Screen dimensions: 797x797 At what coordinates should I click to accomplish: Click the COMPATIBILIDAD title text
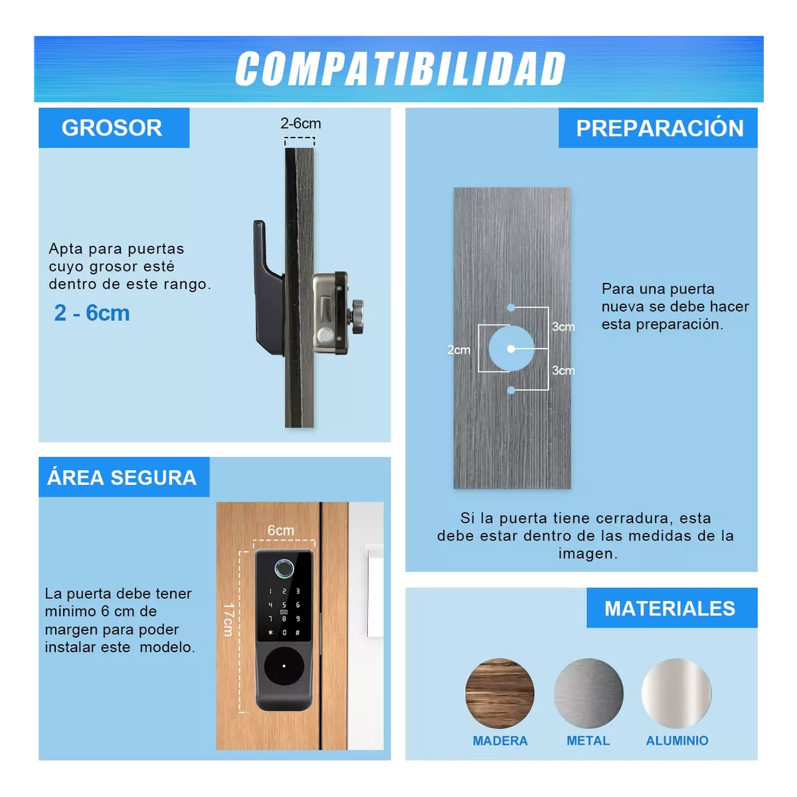point(400,69)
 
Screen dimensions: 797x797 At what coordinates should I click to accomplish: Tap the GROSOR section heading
point(112,128)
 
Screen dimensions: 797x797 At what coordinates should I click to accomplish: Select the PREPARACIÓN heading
point(659,128)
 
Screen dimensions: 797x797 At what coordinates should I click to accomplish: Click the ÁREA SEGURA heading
point(122,478)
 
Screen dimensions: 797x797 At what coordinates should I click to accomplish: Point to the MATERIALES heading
point(669,608)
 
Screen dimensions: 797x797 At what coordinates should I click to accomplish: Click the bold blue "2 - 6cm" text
point(92,313)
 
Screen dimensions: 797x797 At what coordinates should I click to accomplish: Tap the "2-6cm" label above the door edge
point(300,124)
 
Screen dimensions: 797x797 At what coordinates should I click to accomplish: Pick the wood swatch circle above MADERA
point(499,693)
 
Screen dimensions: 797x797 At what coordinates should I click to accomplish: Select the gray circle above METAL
point(588,693)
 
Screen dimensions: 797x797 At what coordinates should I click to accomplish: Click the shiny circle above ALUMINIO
point(676,693)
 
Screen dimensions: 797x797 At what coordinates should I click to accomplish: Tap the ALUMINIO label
point(677,741)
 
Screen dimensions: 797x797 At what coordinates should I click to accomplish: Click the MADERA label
point(499,741)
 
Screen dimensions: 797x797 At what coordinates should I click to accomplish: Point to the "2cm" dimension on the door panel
point(458,350)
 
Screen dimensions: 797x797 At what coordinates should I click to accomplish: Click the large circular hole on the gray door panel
point(511,349)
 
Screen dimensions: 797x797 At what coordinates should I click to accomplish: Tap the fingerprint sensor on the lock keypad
point(284,569)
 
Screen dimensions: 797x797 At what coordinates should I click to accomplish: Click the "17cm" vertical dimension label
point(228,620)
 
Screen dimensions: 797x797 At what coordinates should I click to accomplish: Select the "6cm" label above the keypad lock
point(280,530)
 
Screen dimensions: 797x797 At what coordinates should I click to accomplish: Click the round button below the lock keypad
point(284,666)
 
